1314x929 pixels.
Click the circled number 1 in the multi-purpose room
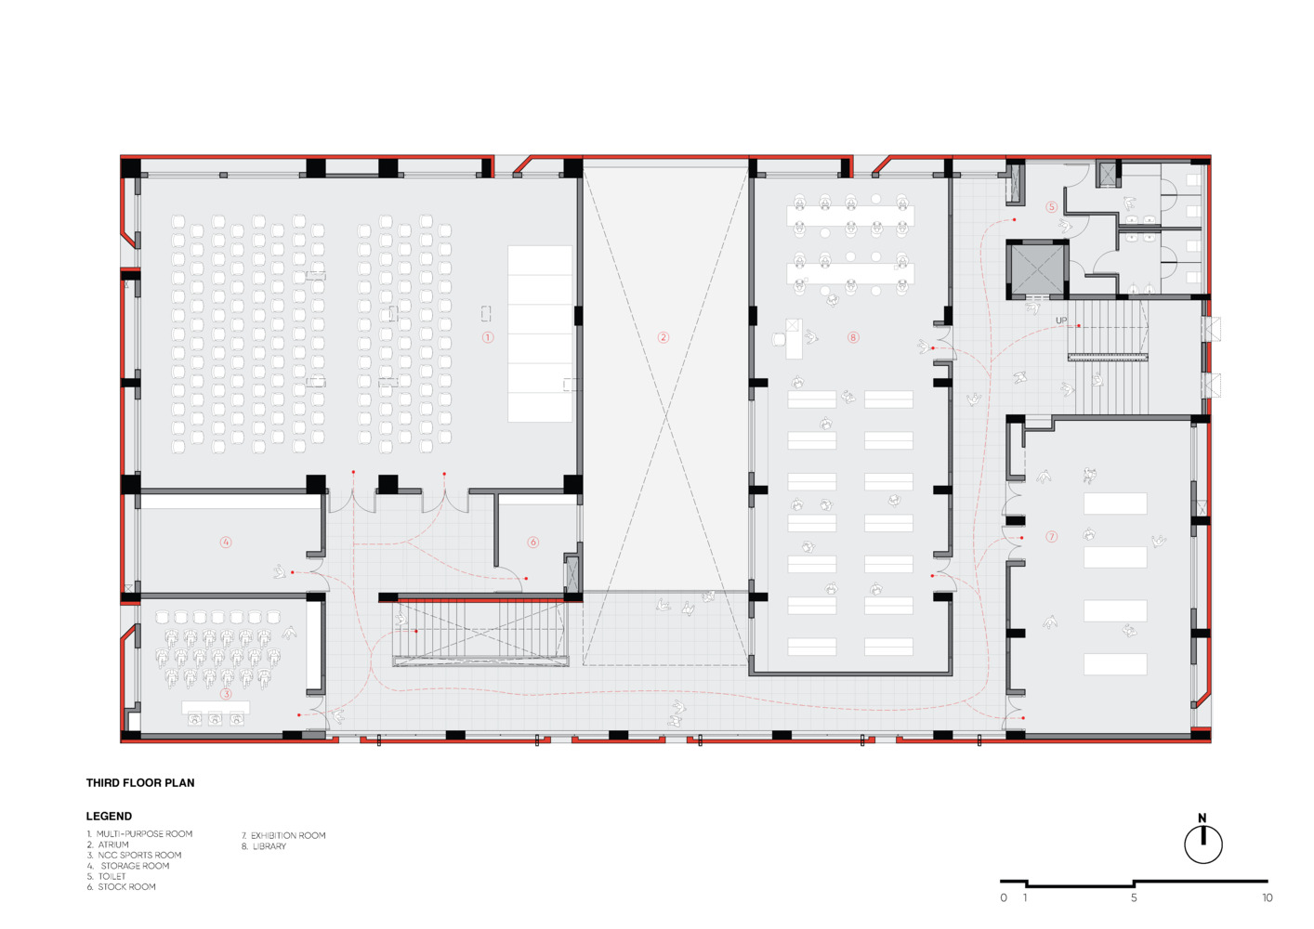pyautogui.click(x=488, y=337)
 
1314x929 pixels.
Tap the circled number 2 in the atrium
pyautogui.click(x=663, y=337)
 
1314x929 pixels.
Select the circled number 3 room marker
pyautogui.click(x=226, y=694)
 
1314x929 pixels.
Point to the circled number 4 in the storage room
pyautogui.click(x=226, y=542)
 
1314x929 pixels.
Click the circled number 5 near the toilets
pyautogui.click(x=1051, y=206)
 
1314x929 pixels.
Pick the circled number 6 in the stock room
pyautogui.click(x=532, y=542)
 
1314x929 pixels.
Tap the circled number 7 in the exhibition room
pyautogui.click(x=1051, y=537)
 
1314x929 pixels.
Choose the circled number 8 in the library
pyautogui.click(x=853, y=337)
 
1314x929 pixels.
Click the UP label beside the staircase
pyautogui.click(x=1061, y=321)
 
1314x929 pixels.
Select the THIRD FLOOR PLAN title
pyautogui.click(x=140, y=782)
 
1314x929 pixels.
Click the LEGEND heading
pyautogui.click(x=109, y=816)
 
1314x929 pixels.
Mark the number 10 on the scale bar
pyautogui.click(x=1268, y=898)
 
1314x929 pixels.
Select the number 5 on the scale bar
pyautogui.click(x=1134, y=898)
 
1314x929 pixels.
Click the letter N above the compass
pyautogui.click(x=1202, y=818)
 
